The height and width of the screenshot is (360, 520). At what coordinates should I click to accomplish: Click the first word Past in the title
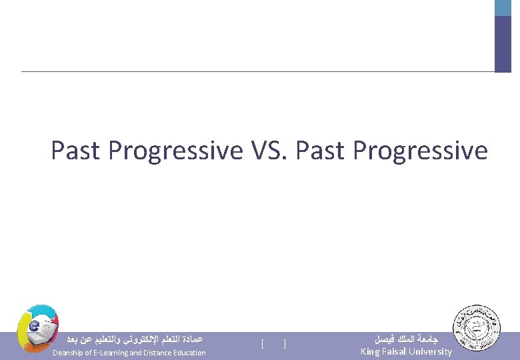pyautogui.click(x=76, y=151)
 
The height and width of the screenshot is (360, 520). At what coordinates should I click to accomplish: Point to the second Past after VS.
pyautogui.click(x=321, y=151)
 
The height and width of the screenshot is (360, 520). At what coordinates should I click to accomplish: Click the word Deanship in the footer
pyautogui.click(x=69, y=353)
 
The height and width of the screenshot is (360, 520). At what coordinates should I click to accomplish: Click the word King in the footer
pyautogui.click(x=370, y=351)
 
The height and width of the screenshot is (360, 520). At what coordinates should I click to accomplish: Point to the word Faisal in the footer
pyautogui.click(x=397, y=351)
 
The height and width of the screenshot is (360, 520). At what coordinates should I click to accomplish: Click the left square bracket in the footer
pyautogui.click(x=263, y=344)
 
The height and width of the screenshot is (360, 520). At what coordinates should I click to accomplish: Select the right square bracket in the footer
pyautogui.click(x=285, y=344)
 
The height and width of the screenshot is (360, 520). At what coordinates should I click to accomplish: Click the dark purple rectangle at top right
pyautogui.click(x=503, y=44)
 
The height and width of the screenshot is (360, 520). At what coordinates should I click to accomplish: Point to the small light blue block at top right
pyautogui.click(x=503, y=8)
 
